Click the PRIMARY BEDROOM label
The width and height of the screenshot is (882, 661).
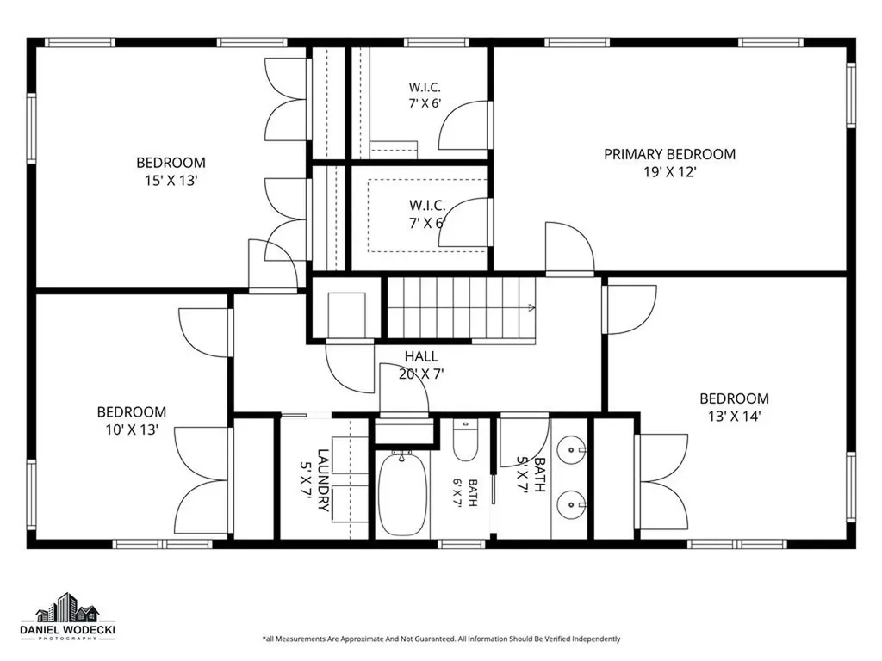pos(669,154)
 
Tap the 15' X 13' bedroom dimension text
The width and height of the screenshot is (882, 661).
pos(171,181)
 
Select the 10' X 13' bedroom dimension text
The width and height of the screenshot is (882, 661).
pos(132,430)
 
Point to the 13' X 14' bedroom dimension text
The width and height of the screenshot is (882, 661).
pos(734,417)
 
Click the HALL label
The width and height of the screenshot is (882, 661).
pos(421,356)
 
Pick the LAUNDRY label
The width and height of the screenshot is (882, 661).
pos(324,480)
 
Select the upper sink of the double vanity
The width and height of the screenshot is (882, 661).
pos(571,449)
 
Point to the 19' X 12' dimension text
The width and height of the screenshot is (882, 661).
pos(670,172)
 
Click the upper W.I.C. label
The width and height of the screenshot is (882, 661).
pos(425,87)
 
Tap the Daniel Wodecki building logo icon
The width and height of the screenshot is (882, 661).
pos(67,607)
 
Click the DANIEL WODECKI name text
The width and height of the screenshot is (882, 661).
pos(67,630)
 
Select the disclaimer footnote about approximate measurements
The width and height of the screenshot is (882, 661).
pos(442,639)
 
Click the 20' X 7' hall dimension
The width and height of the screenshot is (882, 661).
pos(421,374)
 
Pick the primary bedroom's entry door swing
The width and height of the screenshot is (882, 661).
pos(570,248)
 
